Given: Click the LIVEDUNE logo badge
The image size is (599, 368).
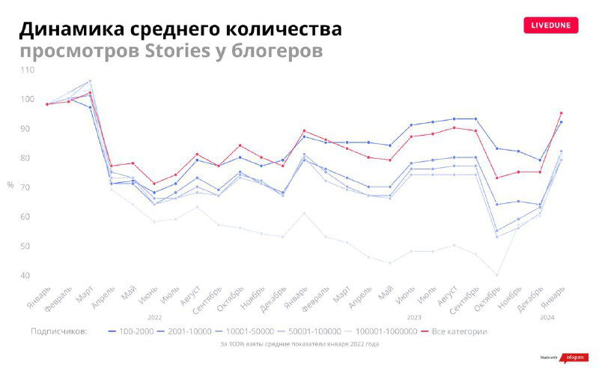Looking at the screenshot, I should coord(551,25).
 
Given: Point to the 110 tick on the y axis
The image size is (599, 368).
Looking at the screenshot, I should coord(27,70).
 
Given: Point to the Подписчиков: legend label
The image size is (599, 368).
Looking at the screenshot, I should coord(59,331).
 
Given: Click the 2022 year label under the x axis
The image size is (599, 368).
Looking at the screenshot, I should coord(155,318).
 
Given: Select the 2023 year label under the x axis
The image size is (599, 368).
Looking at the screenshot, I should coord(414,318).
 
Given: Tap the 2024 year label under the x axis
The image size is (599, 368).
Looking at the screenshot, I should coord(547,318).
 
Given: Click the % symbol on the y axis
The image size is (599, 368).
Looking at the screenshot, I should coord(10,184).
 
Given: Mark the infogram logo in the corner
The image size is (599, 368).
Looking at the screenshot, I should coord(573,358).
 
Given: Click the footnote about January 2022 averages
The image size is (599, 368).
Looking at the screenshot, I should coord(299,344).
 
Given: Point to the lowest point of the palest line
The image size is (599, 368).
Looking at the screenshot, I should coord(496,275).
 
